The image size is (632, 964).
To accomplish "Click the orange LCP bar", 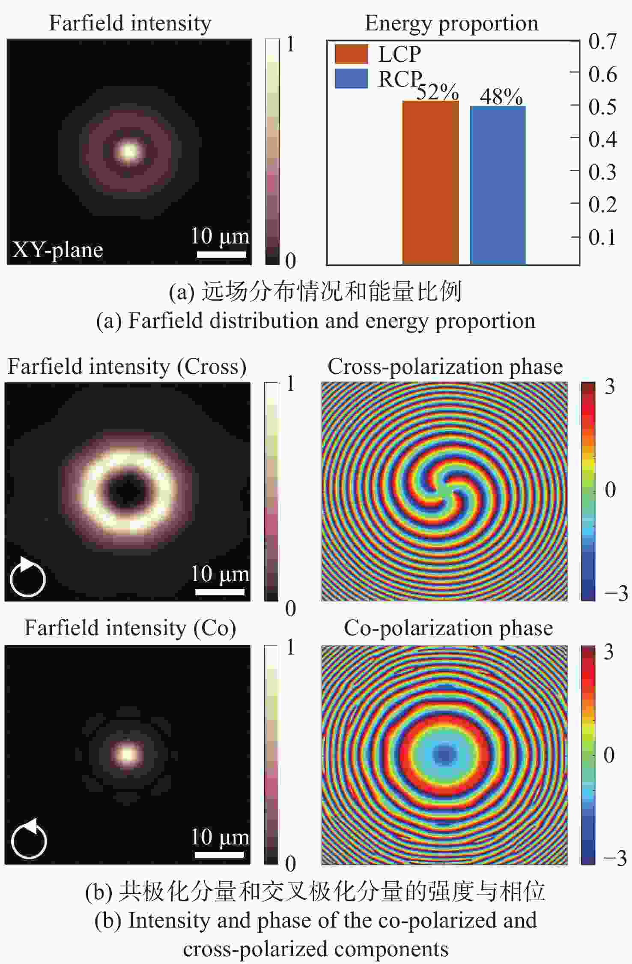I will [x=430, y=182].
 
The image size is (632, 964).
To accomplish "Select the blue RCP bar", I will [x=498, y=185].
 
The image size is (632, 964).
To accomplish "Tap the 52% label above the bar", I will [x=437, y=92].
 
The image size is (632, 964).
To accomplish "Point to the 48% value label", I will [x=501, y=96].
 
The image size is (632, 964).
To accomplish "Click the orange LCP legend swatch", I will [x=351, y=54].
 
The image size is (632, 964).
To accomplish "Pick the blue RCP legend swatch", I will [x=351, y=78].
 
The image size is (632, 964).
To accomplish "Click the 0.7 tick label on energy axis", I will [x=602, y=42].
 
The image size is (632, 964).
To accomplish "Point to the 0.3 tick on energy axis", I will [x=602, y=172].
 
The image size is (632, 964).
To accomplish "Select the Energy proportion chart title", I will [x=451, y=23].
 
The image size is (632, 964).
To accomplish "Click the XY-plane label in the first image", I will [x=57, y=249].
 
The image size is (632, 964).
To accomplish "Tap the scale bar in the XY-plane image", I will [x=221, y=254].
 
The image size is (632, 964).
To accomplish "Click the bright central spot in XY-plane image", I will [x=129, y=151].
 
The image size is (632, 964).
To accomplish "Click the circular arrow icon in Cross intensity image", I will [x=27, y=578].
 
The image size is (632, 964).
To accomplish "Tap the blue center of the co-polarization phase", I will [x=445, y=754].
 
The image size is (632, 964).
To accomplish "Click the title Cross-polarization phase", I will [x=445, y=367].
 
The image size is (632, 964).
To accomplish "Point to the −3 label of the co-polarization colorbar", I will [x=615, y=858].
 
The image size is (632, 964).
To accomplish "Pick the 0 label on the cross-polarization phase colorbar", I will [x=610, y=490].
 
